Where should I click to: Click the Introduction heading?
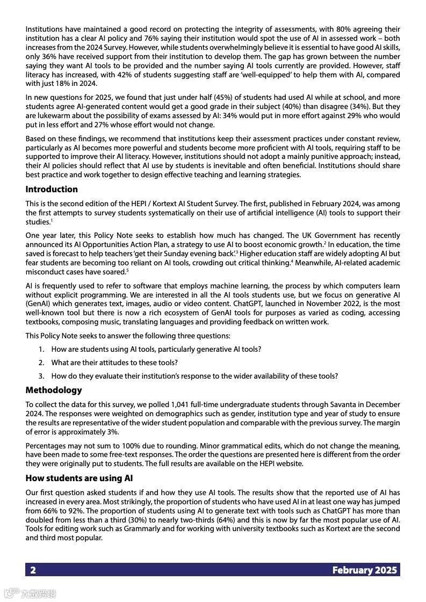(52, 189)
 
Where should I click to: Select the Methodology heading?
(54, 390)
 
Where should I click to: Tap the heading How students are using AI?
(79, 478)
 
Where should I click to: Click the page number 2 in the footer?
(33, 570)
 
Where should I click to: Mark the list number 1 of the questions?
(41, 349)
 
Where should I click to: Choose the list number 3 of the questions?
(41, 376)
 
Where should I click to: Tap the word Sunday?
(171, 253)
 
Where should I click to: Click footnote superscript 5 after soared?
(127, 270)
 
